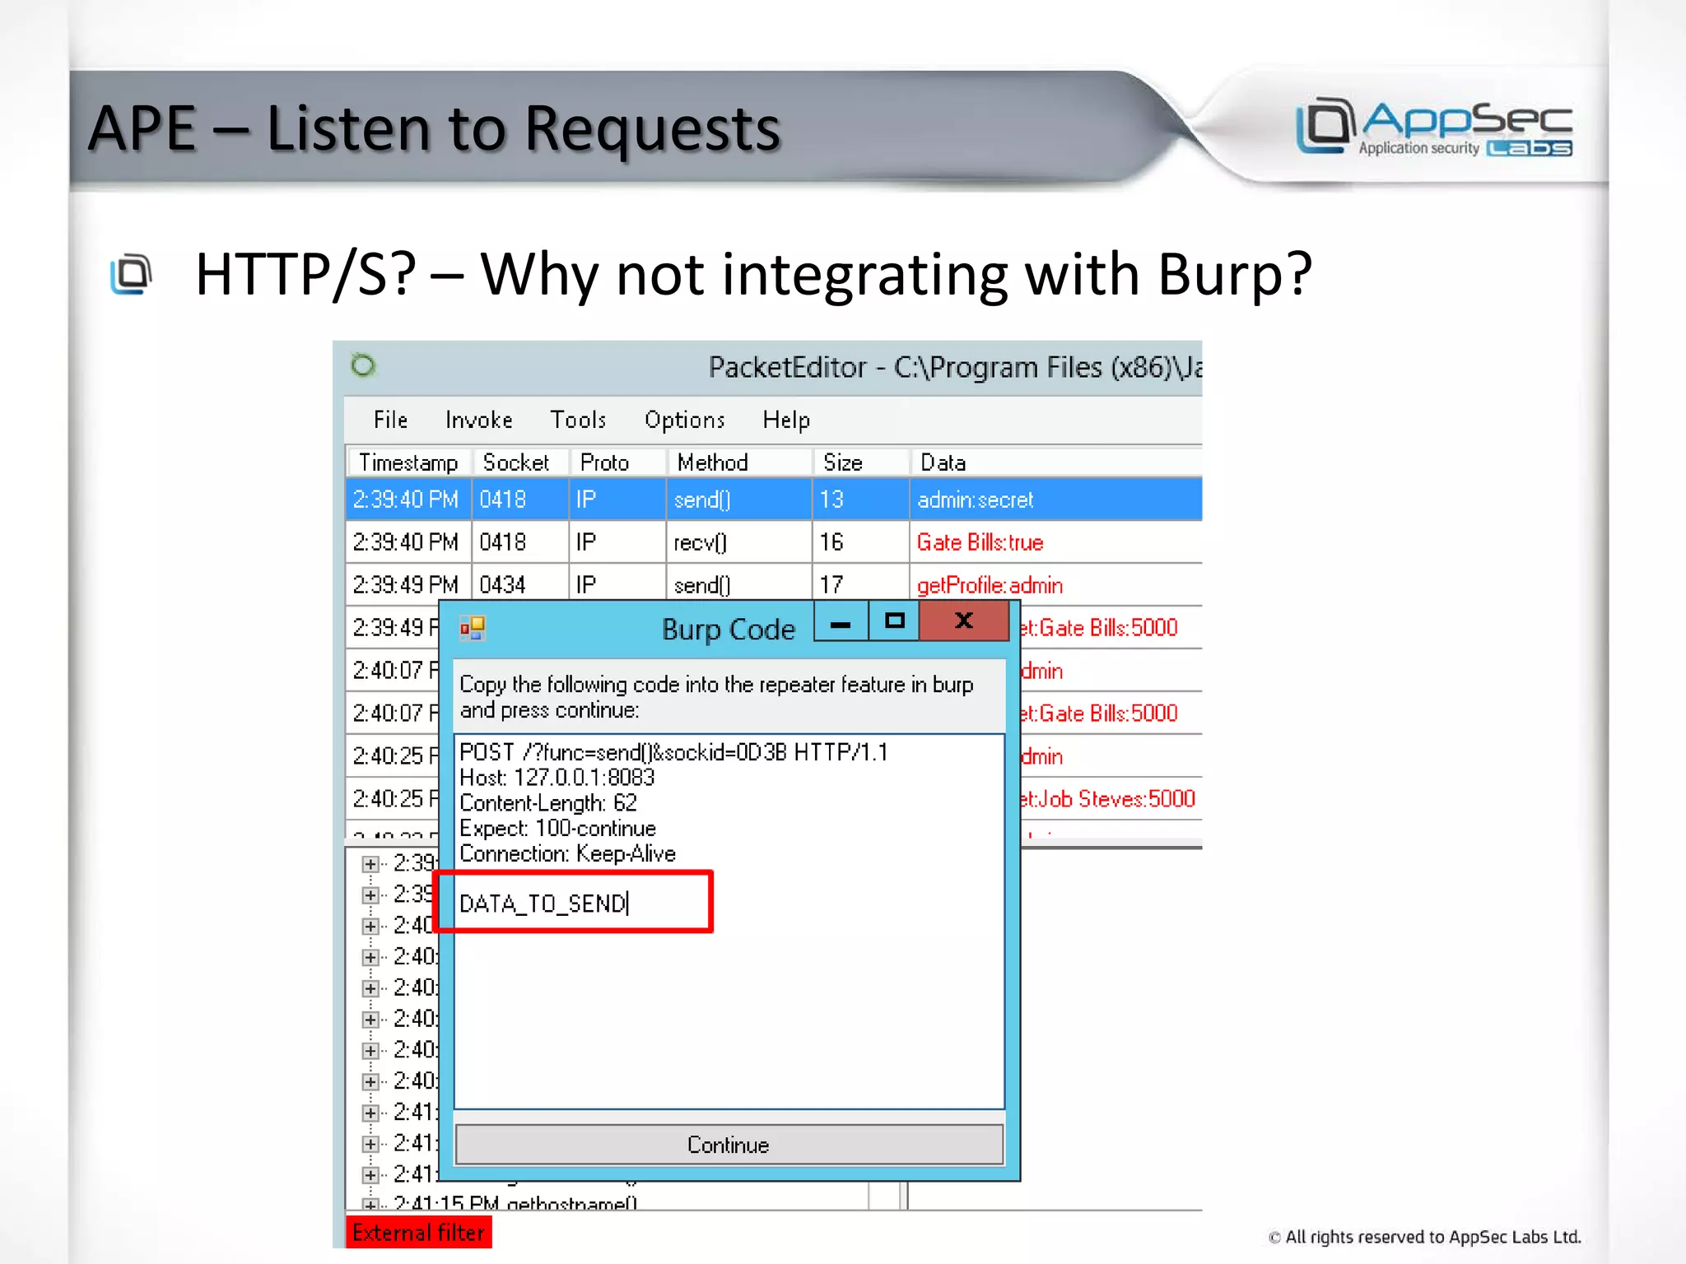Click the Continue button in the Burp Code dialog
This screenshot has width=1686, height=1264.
tap(729, 1144)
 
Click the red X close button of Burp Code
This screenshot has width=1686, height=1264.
tap(963, 620)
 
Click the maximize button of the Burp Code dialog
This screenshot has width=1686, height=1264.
tap(894, 620)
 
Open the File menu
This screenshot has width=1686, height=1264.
tap(390, 420)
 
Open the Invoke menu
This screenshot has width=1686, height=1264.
tap(478, 420)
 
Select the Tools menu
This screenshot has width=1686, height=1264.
tap(578, 420)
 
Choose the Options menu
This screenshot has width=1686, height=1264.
tap(684, 420)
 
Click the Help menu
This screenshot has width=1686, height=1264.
tap(785, 420)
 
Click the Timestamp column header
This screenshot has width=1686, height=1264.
tap(408, 462)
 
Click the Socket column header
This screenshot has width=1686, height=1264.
tap(516, 462)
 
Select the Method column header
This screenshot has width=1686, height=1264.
tap(712, 462)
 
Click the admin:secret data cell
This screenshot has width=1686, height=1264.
tap(975, 500)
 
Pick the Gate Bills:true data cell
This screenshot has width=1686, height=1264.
tap(980, 542)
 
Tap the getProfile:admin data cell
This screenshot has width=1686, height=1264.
tap(990, 585)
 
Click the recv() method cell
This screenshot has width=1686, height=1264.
tap(700, 542)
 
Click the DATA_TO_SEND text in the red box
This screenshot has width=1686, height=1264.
tap(543, 904)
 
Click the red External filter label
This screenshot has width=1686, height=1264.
tap(418, 1232)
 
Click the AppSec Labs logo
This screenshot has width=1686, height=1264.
tap(1434, 128)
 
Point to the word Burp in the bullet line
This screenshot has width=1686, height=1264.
tap(1234, 274)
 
